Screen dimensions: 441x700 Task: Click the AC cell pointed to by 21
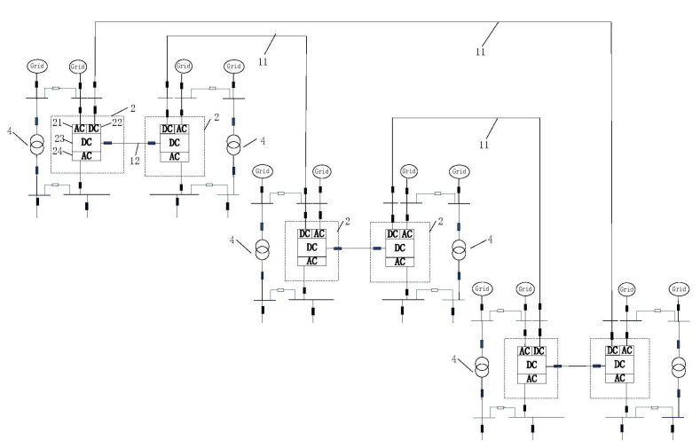[x=79, y=128]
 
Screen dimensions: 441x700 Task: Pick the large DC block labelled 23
[x=86, y=142]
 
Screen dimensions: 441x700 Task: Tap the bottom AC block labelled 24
[x=86, y=155]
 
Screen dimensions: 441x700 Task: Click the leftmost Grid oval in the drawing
[x=38, y=67]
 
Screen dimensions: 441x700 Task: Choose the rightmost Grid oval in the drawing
[x=679, y=288]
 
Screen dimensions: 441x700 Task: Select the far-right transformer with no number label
[x=679, y=366]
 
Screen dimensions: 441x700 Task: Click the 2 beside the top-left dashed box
[x=132, y=106]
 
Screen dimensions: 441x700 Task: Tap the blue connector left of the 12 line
[x=107, y=142]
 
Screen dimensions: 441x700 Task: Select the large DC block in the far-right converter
[x=619, y=365]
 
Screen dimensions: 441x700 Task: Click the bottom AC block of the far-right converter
[x=619, y=377]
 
